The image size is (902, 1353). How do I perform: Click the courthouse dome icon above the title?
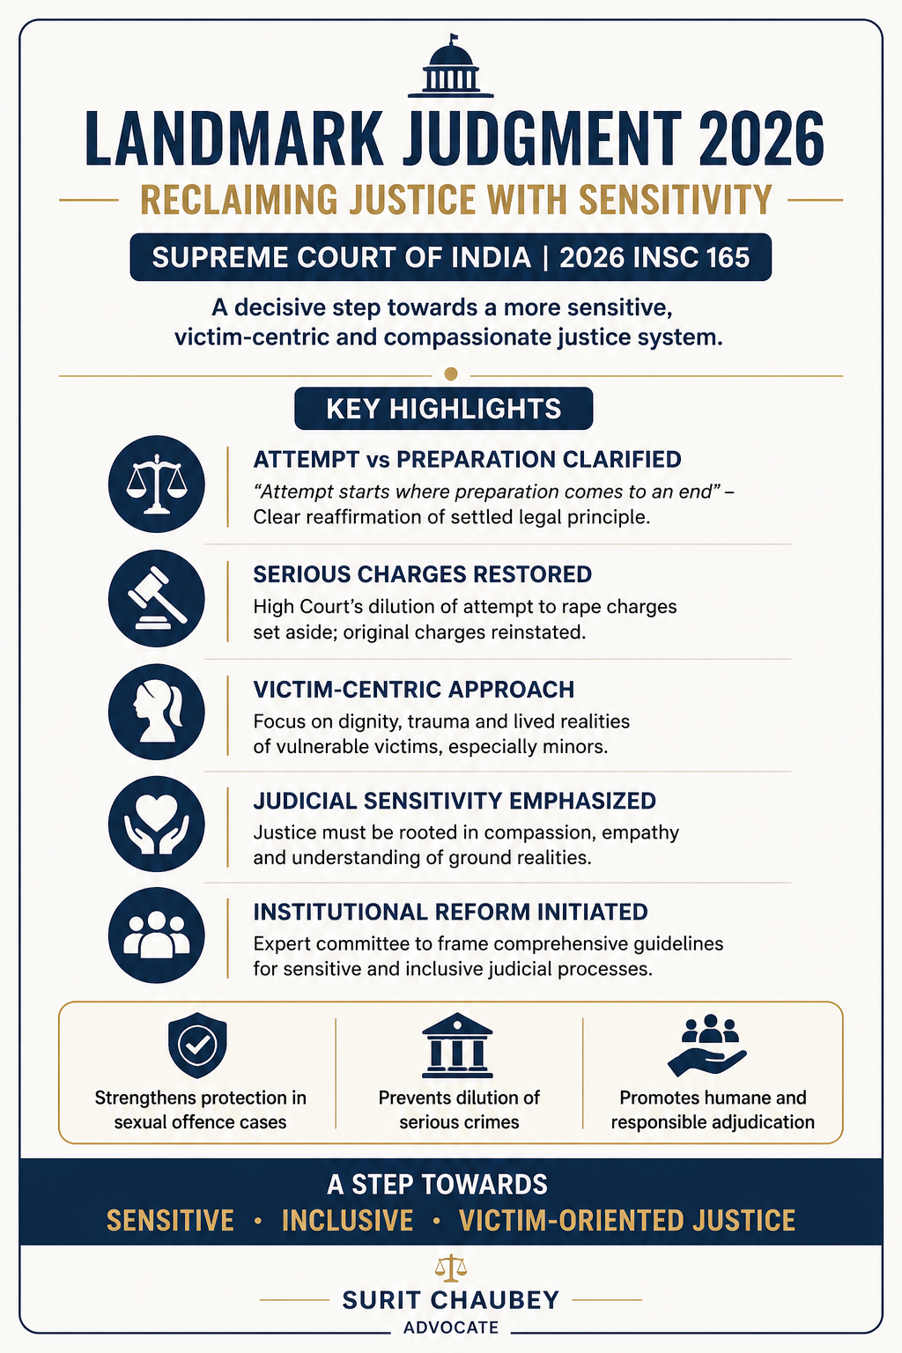click(x=451, y=69)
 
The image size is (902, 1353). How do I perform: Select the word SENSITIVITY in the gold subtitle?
click(x=675, y=200)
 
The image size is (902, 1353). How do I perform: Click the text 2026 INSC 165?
click(x=654, y=257)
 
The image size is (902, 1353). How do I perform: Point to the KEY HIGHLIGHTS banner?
click(x=443, y=409)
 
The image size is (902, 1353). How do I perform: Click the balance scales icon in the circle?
click(x=157, y=484)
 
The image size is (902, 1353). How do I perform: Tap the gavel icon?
click(x=157, y=599)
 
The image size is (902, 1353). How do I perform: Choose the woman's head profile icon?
click(x=157, y=712)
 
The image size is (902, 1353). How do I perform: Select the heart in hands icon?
click(x=157, y=824)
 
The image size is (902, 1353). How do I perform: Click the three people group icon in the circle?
click(x=157, y=935)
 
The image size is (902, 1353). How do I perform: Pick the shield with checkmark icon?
click(x=197, y=1045)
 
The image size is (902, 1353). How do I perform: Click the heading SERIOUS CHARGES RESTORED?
click(x=423, y=574)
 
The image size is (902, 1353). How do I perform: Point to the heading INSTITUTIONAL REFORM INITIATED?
click(x=450, y=912)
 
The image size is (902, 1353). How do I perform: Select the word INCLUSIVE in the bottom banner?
click(x=347, y=1220)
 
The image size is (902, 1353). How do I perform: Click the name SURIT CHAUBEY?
click(x=451, y=1300)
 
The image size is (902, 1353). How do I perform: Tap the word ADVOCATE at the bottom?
click(x=451, y=1327)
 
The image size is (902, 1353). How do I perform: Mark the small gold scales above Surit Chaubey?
click(x=451, y=1268)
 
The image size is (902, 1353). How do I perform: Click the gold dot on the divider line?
click(x=451, y=374)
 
